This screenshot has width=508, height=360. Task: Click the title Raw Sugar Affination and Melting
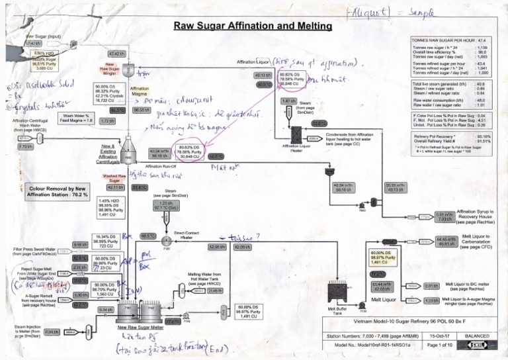[x=252, y=26]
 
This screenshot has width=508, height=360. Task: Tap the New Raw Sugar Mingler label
[x=109, y=69]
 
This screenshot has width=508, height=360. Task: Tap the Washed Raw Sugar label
[x=114, y=177]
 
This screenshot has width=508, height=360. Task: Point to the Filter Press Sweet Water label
[x=40, y=252]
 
